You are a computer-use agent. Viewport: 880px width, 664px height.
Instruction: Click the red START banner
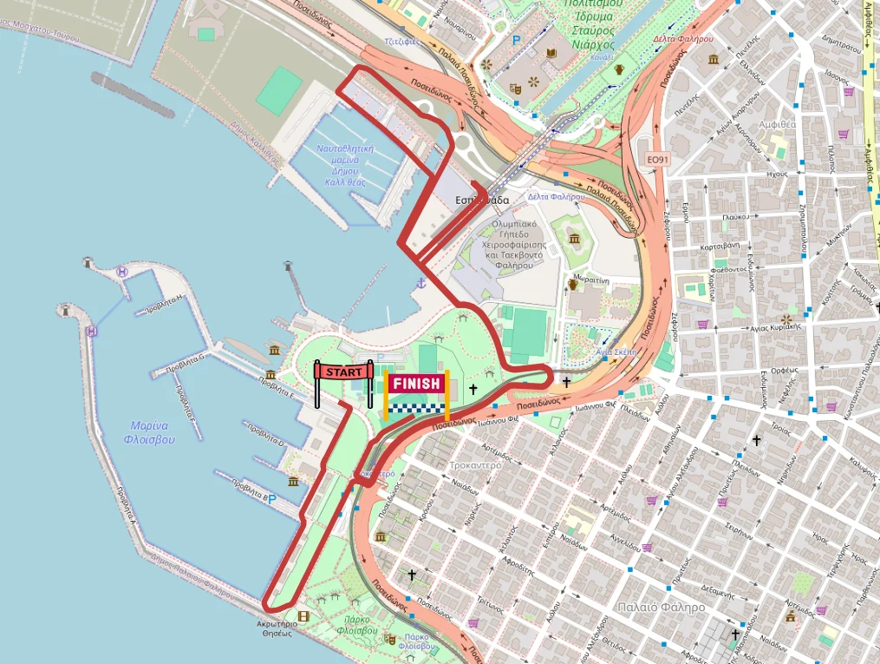(345, 371)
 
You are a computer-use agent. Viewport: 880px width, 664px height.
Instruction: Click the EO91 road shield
(660, 160)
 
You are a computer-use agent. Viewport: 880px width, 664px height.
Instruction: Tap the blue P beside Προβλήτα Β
(272, 499)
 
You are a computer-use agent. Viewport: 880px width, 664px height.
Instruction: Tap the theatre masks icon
(516, 87)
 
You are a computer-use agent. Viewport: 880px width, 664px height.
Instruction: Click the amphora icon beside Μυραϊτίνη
(572, 283)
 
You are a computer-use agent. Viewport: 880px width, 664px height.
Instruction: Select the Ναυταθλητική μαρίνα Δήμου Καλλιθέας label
(345, 165)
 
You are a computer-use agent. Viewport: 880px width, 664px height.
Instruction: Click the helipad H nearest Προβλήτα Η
(122, 273)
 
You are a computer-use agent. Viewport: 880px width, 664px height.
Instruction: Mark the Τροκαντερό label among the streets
(476, 465)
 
